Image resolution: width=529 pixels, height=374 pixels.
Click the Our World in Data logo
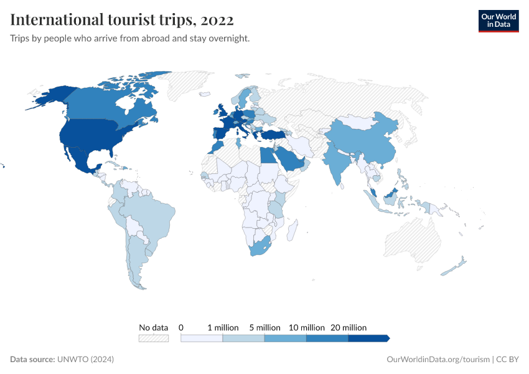tap(498, 21)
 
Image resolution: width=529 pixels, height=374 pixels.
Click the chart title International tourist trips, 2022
tap(122, 20)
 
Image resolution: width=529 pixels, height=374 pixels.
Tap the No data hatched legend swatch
tap(153, 338)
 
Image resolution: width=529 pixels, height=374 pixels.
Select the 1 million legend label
tap(223, 327)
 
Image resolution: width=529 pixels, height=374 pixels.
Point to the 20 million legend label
tap(349, 327)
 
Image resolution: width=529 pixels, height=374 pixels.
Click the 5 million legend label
tap(264, 327)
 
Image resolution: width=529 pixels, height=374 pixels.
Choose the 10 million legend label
tap(306, 327)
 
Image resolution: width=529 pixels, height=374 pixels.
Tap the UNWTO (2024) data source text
tap(85, 360)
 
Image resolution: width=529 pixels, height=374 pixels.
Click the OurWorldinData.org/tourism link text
tap(438, 360)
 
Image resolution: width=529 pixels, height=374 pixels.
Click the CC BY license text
tap(507, 360)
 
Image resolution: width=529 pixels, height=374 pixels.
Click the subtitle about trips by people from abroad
tap(130, 39)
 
